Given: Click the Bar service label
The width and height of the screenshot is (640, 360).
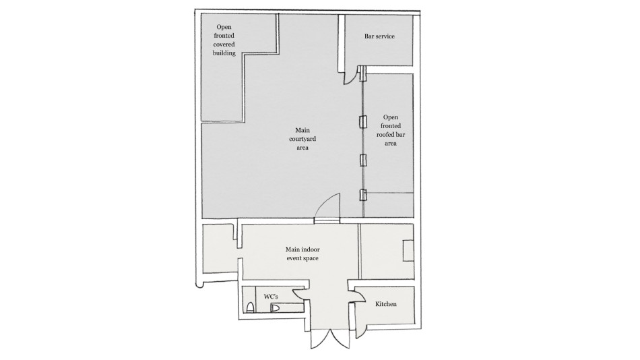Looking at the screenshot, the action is (379, 36).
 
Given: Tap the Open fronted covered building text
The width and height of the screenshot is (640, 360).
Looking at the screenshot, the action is (224, 40).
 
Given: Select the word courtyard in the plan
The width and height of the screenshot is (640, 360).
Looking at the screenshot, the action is (302, 139).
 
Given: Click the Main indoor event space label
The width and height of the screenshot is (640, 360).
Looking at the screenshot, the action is (302, 253).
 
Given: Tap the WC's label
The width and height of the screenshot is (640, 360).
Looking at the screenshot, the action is (271, 297).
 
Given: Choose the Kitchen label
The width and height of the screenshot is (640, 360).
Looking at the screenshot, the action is (386, 304).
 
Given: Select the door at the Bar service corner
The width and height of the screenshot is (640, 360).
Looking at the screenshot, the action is (349, 76).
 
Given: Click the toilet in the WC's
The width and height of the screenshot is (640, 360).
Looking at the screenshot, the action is (251, 307).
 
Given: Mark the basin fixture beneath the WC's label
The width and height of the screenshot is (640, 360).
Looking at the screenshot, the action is (276, 307).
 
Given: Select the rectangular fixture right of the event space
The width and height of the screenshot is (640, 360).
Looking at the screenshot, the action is (408, 251).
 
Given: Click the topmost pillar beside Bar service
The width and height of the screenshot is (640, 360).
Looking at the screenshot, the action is (363, 74).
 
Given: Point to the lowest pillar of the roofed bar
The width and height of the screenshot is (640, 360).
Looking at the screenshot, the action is (363, 196).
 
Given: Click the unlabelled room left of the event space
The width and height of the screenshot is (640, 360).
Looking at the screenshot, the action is (218, 249).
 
